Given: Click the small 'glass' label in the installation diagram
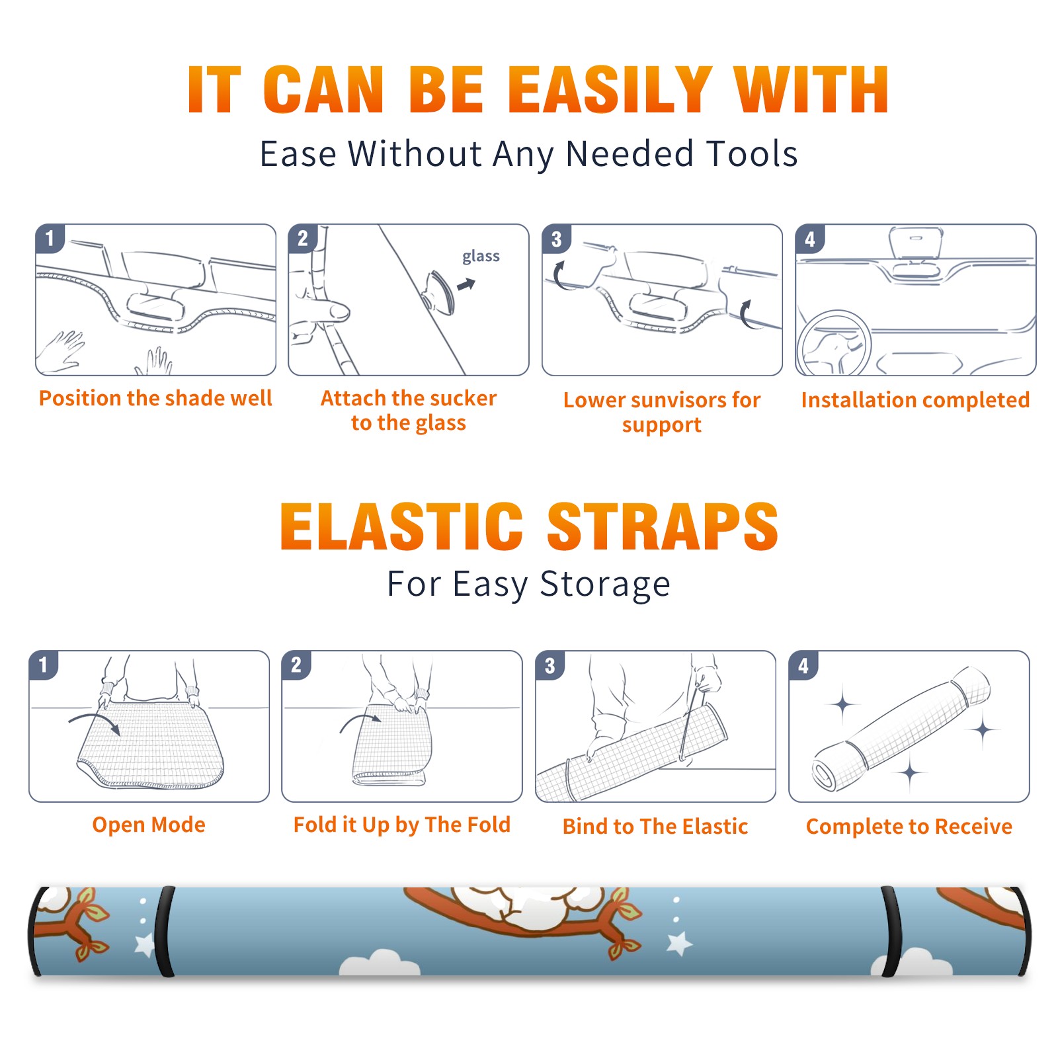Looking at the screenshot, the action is point(481,256).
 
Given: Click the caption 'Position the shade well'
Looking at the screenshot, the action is point(155,398).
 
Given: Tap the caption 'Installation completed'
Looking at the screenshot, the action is point(915,399).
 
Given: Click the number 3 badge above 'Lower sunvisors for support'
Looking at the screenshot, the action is point(556,239).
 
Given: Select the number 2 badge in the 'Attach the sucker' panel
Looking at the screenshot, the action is point(303,238).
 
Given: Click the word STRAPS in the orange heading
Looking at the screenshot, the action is point(663,526).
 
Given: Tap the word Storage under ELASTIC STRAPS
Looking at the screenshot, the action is point(605,585).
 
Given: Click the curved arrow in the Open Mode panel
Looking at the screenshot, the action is point(95,721).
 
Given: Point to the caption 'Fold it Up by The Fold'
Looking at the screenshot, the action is point(402,825).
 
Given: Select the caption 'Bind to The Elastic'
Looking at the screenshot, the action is point(655,826).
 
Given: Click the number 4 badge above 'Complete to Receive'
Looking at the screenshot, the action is point(803,665).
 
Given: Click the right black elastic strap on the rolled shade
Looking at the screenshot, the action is point(891,931).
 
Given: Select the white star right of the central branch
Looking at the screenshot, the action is point(679,944).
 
